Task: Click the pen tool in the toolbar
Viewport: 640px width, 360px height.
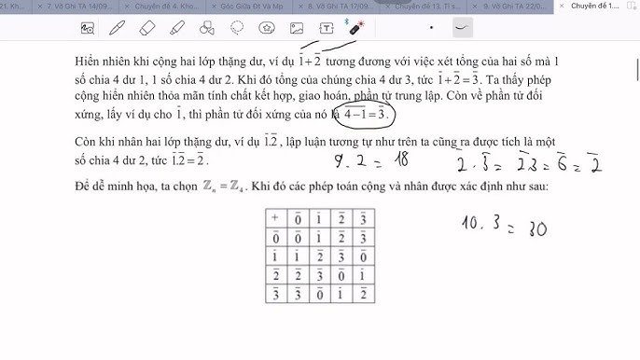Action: (118, 28)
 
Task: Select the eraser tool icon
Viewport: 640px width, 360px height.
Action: (146, 28)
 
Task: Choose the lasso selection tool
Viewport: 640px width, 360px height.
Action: (237, 28)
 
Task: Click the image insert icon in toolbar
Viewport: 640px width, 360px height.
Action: (298, 28)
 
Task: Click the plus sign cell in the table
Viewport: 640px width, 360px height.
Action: (275, 216)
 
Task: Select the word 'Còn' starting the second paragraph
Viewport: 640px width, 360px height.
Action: (86, 141)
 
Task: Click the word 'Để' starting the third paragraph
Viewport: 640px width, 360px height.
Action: (83, 187)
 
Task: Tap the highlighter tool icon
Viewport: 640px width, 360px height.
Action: (175, 28)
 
